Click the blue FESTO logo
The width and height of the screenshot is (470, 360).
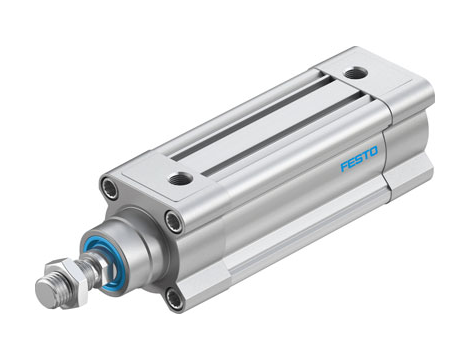[x=359, y=159]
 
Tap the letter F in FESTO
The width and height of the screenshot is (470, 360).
[x=344, y=166]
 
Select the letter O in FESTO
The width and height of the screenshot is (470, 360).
[x=373, y=151]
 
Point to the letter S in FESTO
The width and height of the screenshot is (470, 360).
[x=359, y=159]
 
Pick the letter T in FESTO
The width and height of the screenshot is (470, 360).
[x=365, y=156]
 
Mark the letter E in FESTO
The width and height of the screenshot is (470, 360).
[x=351, y=163]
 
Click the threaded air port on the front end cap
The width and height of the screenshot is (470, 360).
[x=181, y=179]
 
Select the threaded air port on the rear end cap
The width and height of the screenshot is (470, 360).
[x=355, y=73]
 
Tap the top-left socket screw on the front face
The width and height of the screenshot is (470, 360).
[x=109, y=188]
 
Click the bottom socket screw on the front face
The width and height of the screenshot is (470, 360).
[x=175, y=298]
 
